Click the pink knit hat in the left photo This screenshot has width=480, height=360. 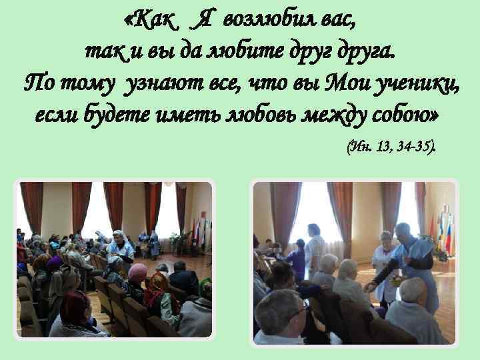(x=137, y=272)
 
